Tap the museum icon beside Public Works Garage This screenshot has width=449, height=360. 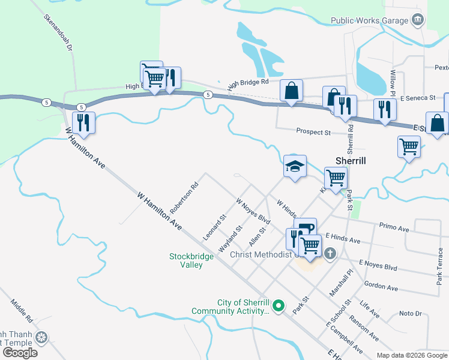(417, 20)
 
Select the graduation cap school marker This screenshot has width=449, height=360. (295, 167)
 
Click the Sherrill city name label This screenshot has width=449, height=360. (351, 161)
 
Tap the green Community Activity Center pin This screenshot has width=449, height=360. (277, 307)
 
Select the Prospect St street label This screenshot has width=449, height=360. (313, 131)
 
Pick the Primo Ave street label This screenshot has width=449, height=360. (394, 228)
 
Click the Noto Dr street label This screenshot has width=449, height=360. (411, 313)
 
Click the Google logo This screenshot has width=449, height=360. (20, 352)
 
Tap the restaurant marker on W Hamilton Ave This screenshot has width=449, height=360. (83, 122)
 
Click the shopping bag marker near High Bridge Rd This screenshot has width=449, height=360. (291, 91)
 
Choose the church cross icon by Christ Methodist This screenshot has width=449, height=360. (330, 254)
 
